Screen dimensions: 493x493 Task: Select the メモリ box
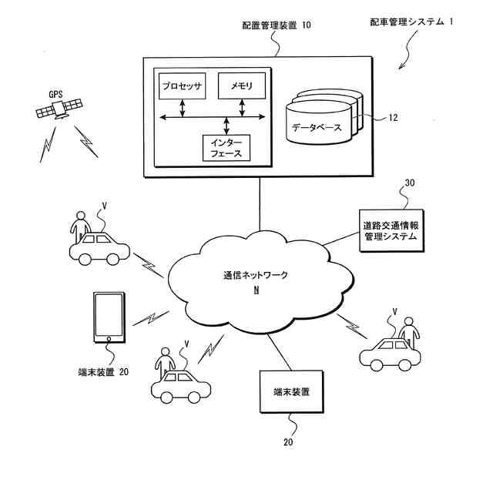[x=242, y=86]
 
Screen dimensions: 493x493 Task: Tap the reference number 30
[x=409, y=183]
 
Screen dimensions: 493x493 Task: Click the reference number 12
[x=393, y=118]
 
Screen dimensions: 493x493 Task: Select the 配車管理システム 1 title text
[x=412, y=22]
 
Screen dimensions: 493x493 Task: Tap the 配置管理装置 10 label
[x=276, y=26]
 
